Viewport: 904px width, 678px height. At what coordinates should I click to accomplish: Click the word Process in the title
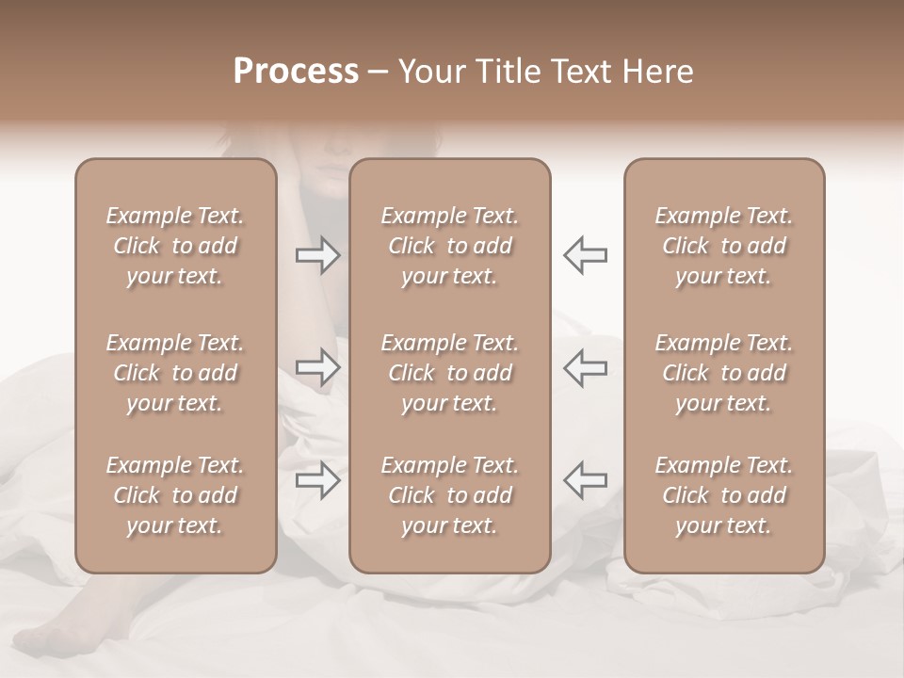tap(296, 72)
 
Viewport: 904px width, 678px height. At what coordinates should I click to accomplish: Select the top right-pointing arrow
tap(318, 255)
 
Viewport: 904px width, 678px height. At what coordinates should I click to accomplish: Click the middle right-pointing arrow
tap(318, 367)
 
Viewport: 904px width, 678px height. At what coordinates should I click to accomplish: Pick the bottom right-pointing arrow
tap(318, 480)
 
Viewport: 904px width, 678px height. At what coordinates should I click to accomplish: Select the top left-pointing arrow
tap(585, 255)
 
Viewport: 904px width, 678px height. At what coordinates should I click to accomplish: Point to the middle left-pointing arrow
tap(585, 367)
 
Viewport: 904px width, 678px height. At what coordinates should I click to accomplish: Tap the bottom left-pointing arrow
tap(585, 480)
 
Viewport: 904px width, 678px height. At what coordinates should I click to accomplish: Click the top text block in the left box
tap(175, 246)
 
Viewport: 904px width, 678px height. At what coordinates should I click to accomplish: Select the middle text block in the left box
tap(175, 373)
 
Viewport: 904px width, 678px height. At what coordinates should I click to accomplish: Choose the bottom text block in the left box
tap(175, 495)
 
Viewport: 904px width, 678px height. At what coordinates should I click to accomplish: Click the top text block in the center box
tap(449, 246)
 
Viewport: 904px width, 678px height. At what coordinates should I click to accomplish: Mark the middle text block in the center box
tap(449, 373)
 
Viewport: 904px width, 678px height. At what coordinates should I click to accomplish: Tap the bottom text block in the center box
tap(449, 495)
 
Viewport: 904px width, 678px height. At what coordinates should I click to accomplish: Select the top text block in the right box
tap(723, 246)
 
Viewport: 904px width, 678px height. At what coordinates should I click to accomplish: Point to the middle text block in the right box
tap(723, 373)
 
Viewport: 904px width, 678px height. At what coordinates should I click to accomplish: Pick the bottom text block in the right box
tap(723, 495)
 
